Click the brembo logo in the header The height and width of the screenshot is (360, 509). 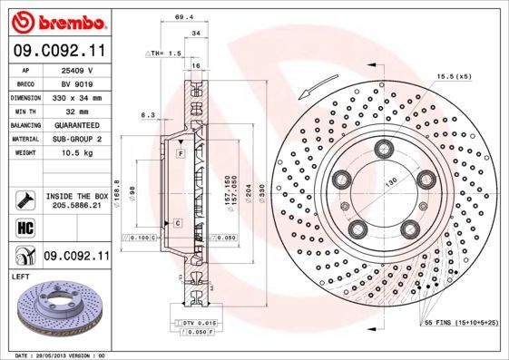56,21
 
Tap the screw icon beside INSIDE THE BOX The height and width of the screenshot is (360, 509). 23,199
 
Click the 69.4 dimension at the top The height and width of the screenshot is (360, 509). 185,16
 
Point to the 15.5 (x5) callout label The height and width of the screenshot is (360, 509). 454,77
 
